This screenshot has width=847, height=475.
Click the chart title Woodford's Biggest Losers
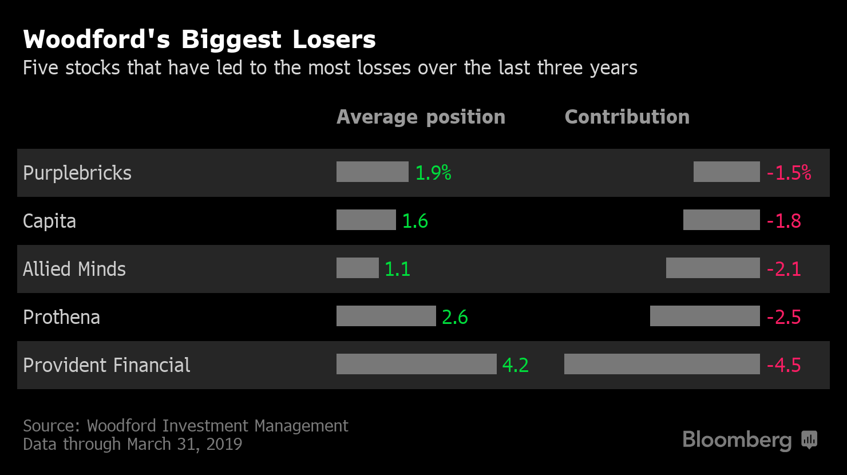199,40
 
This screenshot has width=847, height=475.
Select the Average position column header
421,117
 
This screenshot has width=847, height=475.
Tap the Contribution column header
627,117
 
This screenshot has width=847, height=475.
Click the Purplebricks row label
77,173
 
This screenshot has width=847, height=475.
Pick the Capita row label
49,221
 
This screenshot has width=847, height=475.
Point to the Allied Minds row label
74,269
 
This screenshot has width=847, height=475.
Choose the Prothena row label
61,317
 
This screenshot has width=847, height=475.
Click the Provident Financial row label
106,365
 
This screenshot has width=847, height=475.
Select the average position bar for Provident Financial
416,364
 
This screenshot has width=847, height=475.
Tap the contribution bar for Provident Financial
662,364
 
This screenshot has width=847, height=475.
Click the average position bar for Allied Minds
357,268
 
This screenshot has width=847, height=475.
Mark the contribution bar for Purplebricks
726,172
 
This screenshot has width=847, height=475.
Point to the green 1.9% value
433,173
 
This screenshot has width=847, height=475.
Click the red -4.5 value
783,365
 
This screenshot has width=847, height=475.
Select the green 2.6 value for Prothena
455,317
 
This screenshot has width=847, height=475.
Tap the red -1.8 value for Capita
783,221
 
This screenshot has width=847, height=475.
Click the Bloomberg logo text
737,440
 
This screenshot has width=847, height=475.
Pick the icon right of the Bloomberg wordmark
809,440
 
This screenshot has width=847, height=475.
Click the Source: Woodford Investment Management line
185,426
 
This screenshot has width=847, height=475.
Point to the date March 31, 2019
185,444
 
